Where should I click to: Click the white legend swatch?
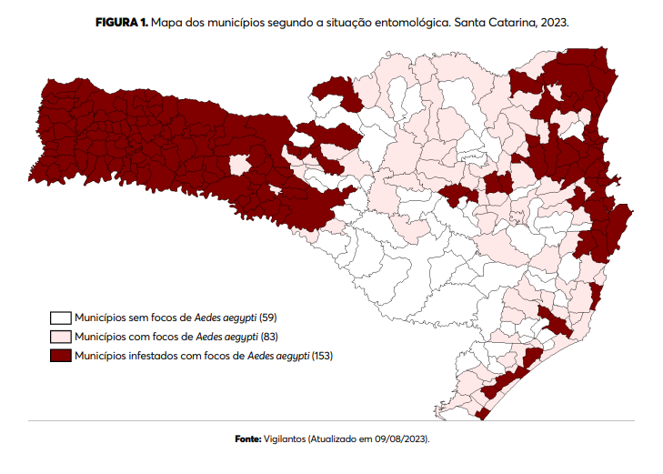(61, 318)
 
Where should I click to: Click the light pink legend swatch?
(61, 337)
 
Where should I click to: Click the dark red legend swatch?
(61, 355)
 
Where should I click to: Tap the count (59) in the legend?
(268, 318)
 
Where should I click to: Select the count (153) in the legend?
(322, 355)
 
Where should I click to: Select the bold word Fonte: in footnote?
(248, 439)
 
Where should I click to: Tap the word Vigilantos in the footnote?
(285, 439)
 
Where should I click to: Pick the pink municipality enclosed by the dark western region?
(239, 164)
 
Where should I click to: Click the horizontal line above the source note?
(331, 420)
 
